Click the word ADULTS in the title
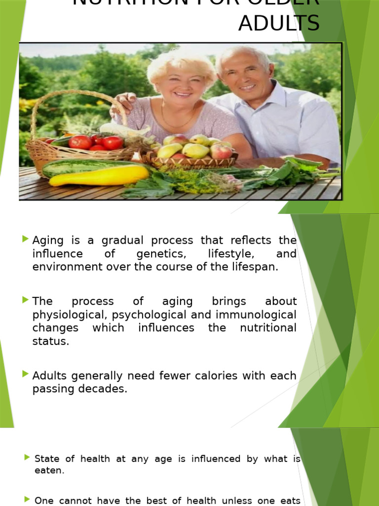pos(279,23)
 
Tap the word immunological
pos(253,315)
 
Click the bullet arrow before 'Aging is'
pos(25,240)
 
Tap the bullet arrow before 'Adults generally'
pos(25,374)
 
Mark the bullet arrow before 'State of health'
pos(27,458)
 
